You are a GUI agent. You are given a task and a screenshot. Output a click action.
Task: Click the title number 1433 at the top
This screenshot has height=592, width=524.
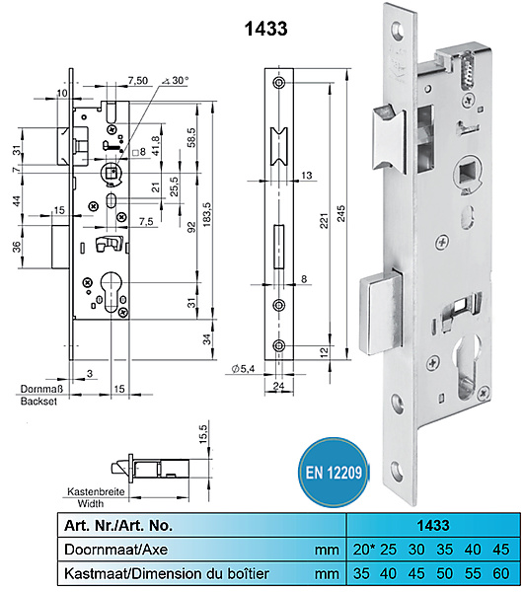[x=266, y=29]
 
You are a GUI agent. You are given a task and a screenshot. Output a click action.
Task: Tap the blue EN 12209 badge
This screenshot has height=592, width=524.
[x=334, y=472]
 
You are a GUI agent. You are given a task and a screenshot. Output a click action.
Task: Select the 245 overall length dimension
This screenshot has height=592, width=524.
[x=340, y=213]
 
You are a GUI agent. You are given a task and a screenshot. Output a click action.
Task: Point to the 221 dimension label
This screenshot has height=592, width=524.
[x=325, y=220]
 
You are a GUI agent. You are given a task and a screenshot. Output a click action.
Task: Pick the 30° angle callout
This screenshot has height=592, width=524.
[x=176, y=81]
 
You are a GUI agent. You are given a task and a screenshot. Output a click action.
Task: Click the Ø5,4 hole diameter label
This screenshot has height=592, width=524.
[x=243, y=368]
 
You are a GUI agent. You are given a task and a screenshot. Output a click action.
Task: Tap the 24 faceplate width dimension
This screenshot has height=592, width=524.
[x=278, y=386]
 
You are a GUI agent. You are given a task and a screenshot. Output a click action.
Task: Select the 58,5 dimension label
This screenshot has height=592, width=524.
[x=191, y=137]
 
